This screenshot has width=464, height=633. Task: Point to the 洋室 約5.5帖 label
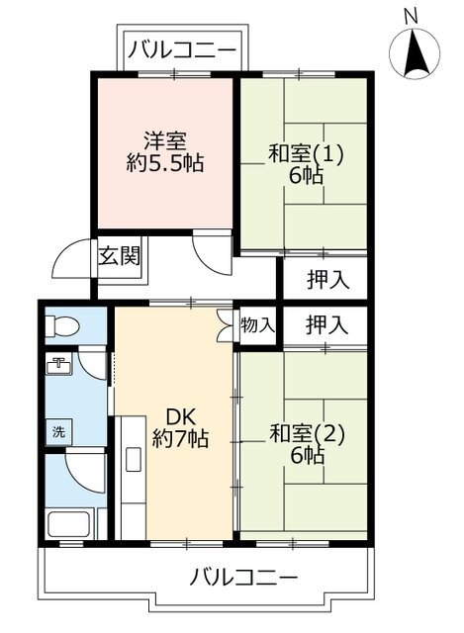(164, 152)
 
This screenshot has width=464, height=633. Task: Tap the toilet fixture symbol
(64, 324)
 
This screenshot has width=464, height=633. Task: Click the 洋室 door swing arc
(212, 251)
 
